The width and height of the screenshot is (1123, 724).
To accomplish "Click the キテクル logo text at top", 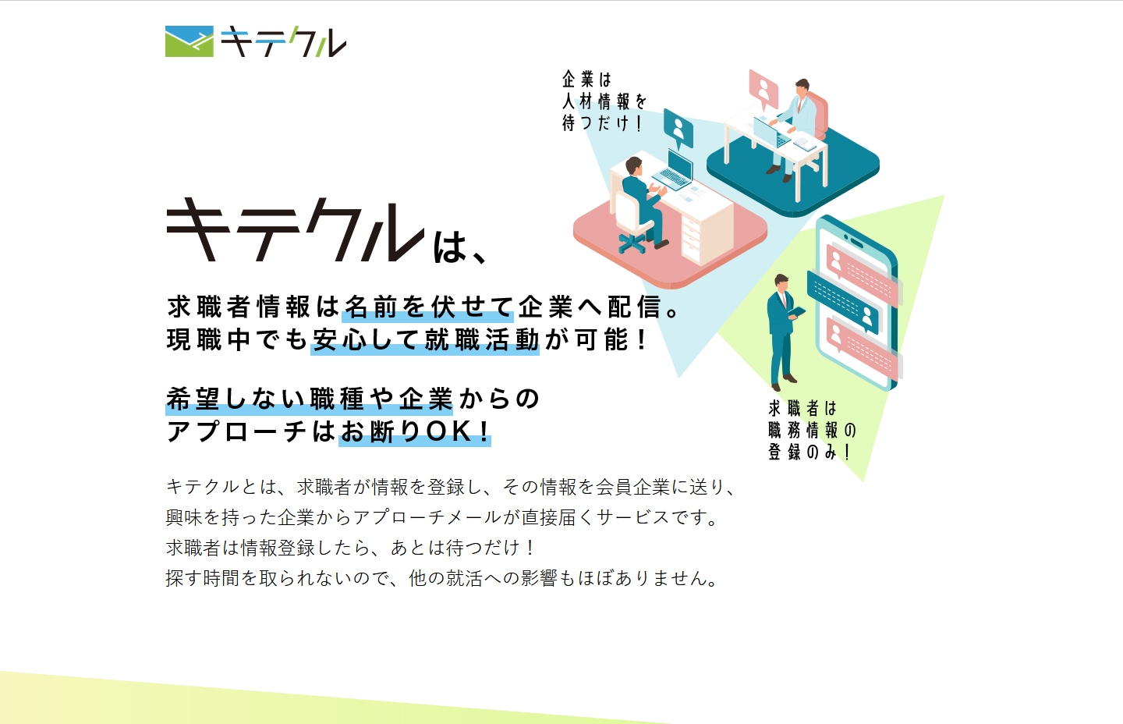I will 283,43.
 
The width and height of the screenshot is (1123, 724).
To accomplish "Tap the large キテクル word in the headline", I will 296,229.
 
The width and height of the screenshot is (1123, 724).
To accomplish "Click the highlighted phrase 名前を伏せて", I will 427,307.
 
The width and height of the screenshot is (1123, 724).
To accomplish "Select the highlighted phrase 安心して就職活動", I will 425,340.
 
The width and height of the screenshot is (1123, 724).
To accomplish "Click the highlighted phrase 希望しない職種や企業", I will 309,399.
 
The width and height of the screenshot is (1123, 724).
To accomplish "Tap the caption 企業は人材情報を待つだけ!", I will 604,101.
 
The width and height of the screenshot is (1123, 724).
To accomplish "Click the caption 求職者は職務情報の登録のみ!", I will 811,430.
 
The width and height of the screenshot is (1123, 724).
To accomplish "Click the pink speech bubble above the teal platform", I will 763,88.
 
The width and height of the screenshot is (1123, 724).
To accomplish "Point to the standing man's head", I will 781,282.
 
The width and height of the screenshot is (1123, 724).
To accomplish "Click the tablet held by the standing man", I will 796,313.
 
